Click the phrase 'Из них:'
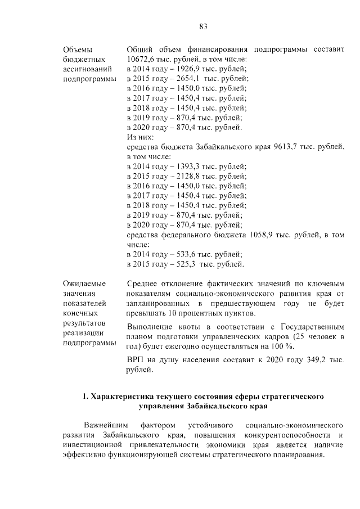140,137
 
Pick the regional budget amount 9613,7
287,147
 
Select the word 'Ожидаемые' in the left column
84,284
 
